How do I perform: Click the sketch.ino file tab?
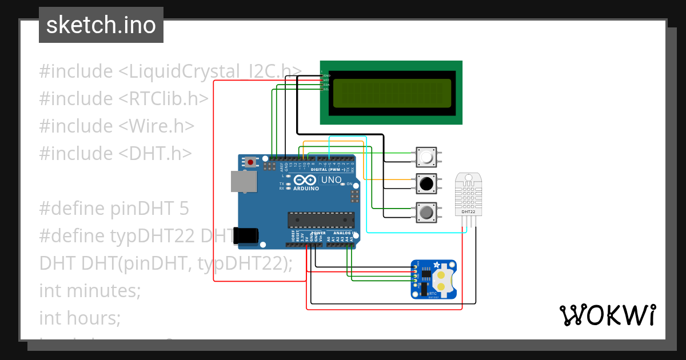click(101, 25)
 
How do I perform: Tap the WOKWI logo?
click(607, 315)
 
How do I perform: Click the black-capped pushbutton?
click(426, 183)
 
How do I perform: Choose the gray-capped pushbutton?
click(426, 213)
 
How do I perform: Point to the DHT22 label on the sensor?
click(468, 212)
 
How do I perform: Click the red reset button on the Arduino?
click(250, 162)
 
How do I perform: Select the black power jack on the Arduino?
click(247, 235)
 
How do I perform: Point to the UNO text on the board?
click(332, 180)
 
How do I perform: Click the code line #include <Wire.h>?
click(117, 126)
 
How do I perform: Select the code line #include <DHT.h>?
click(115, 154)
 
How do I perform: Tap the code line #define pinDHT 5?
click(114, 209)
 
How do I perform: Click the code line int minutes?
click(90, 291)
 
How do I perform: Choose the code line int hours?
click(80, 318)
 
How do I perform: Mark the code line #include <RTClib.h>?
click(123, 99)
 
